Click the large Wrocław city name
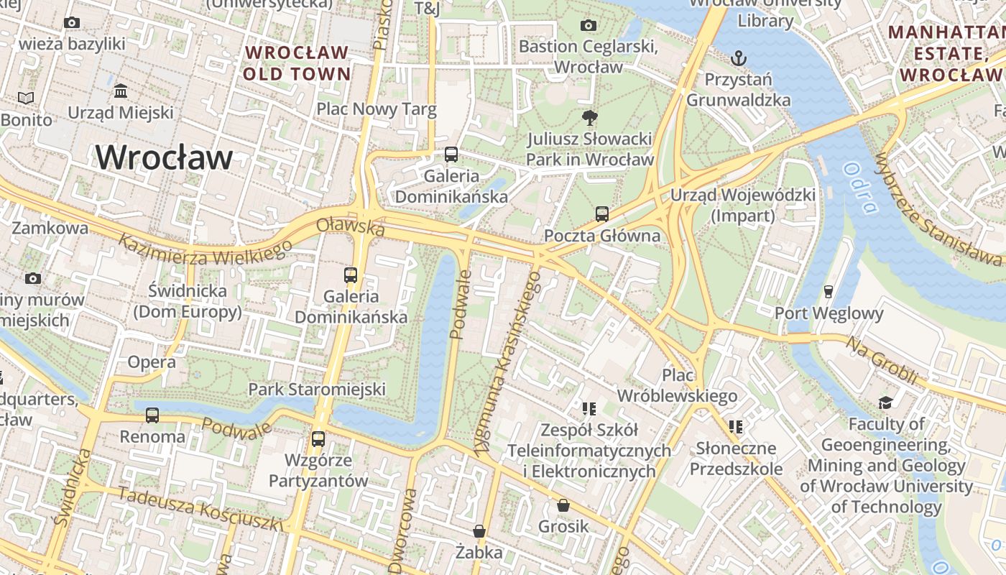click(x=165, y=157)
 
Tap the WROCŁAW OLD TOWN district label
click(x=296, y=63)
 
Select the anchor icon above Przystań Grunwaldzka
click(x=738, y=57)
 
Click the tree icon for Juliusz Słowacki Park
click(x=589, y=116)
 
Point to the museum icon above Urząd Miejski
click(x=121, y=91)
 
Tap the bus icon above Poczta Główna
click(x=601, y=213)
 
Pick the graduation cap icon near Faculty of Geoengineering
click(x=885, y=402)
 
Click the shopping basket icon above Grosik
click(x=563, y=505)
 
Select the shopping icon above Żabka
click(x=479, y=531)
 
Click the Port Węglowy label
click(x=829, y=313)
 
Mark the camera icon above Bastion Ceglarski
click(x=588, y=26)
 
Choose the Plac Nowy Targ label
click(x=377, y=109)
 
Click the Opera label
click(x=152, y=362)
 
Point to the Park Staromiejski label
click(x=317, y=390)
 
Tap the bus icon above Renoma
click(x=152, y=415)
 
